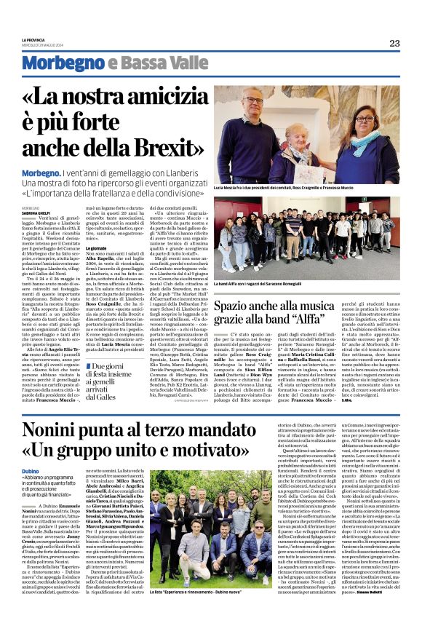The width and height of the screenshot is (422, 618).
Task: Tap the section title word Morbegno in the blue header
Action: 71,63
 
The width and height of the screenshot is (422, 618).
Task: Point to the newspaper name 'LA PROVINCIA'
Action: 34,39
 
